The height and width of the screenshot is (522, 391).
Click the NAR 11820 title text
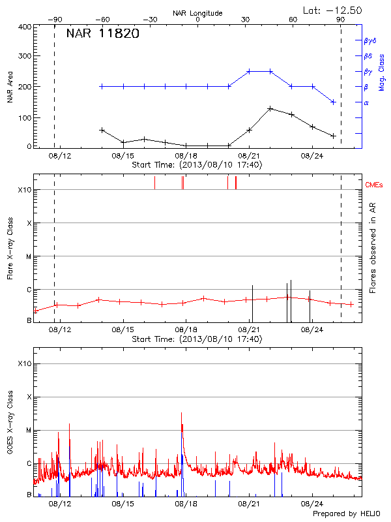(102, 35)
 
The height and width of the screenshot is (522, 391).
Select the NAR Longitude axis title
(197, 13)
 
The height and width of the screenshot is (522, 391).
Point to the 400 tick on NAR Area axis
(23, 27)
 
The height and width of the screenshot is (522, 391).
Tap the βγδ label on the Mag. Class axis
(371, 40)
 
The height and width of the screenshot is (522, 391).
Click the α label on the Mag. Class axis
(366, 102)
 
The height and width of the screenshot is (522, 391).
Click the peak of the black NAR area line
(270, 108)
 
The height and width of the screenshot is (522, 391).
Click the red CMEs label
(375, 185)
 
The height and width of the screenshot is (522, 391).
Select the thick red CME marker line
(235, 183)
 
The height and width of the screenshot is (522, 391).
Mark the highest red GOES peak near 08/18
(181, 413)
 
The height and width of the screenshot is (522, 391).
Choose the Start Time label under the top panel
(197, 165)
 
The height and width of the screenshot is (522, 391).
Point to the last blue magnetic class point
(333, 102)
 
